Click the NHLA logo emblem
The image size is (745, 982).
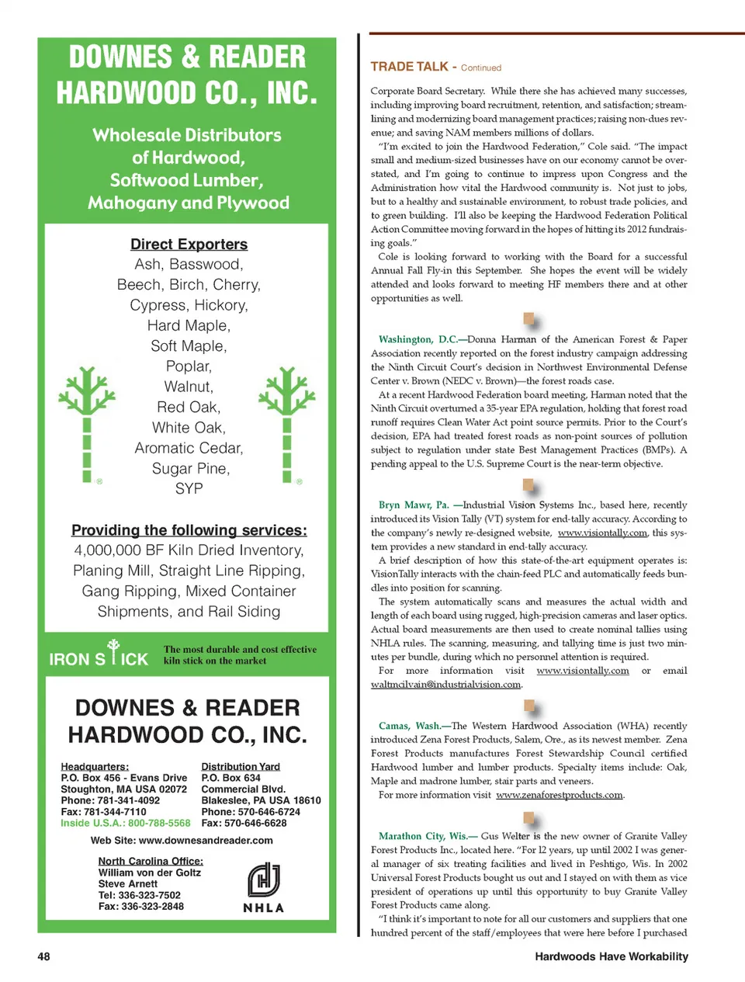click(264, 880)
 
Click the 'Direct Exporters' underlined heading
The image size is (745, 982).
click(189, 245)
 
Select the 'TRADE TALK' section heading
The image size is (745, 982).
click(410, 67)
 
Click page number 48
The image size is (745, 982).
click(43, 956)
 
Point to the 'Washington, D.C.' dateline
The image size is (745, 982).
click(418, 339)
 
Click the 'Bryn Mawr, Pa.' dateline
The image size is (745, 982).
click(414, 505)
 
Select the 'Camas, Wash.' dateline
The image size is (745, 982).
click(409, 726)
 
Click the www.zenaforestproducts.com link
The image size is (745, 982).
click(560, 795)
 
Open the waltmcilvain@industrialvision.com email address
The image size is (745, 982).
click(445, 685)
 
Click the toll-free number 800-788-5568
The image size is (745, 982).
click(159, 823)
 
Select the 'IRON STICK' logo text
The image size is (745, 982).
click(99, 658)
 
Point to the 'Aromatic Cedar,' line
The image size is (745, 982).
click(189, 448)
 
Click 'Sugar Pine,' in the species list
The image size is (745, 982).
click(190, 468)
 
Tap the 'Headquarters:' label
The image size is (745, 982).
click(95, 766)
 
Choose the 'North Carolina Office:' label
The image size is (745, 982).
click(151, 861)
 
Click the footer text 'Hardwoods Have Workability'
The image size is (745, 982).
click(611, 956)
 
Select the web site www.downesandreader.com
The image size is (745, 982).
click(206, 840)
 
